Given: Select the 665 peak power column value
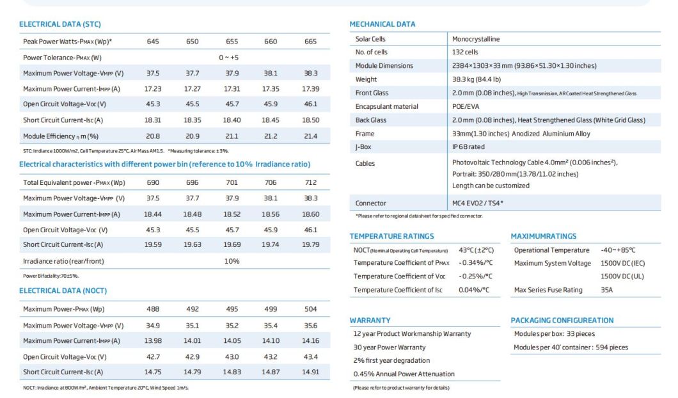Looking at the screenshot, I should pyautogui.click(x=310, y=42).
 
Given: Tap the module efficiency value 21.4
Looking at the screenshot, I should pyautogui.click(x=311, y=136).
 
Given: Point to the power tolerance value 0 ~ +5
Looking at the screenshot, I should pyautogui.click(x=228, y=58).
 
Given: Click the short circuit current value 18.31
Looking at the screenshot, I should pyautogui.click(x=153, y=120).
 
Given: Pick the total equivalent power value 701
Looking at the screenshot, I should pyautogui.click(x=232, y=182).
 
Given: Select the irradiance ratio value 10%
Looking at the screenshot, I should pyautogui.click(x=232, y=261).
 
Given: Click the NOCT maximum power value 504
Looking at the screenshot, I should pyautogui.click(x=311, y=309).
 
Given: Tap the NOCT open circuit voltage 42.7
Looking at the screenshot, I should pyautogui.click(x=153, y=356).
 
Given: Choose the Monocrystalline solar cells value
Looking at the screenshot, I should pyautogui.click(x=476, y=39).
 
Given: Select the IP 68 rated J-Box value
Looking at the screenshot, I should pyautogui.click(x=468, y=147).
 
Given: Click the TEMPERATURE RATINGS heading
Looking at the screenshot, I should pyautogui.click(x=391, y=237).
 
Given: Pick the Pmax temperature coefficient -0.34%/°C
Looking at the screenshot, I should pyautogui.click(x=475, y=263).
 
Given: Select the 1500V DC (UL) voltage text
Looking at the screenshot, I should pyautogui.click(x=622, y=276).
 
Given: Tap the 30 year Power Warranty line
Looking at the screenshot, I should pyautogui.click(x=389, y=347).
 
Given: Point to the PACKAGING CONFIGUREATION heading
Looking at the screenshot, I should pyautogui.click(x=562, y=321).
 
